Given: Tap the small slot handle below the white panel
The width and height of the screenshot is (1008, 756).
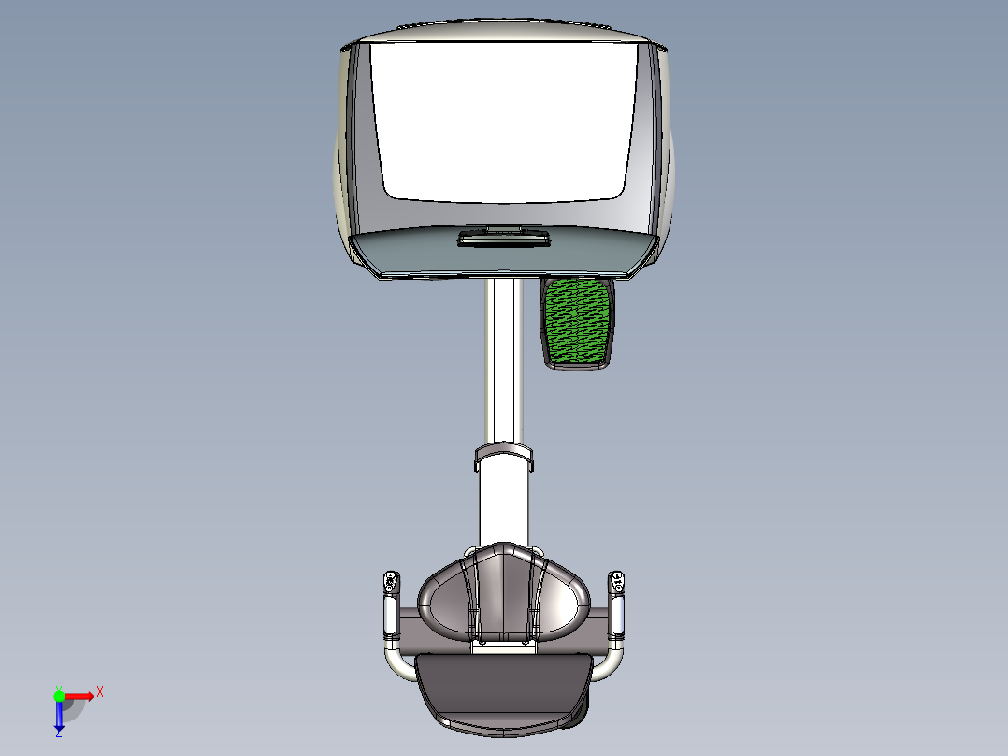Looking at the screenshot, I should [503, 241].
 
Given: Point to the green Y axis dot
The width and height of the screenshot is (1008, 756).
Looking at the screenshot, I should [59, 695].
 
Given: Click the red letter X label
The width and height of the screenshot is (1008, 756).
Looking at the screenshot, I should [100, 691].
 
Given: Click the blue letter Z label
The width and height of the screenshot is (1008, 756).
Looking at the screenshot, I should [58, 734].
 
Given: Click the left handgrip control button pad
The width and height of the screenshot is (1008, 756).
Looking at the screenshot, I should [390, 584].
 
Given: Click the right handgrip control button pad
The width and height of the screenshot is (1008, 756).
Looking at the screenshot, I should [616, 582].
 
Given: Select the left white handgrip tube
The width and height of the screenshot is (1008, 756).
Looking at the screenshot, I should [390, 616].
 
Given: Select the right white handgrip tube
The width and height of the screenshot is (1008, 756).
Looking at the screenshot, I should [617, 615].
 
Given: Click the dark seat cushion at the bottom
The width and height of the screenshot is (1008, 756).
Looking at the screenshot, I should [503, 688].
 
